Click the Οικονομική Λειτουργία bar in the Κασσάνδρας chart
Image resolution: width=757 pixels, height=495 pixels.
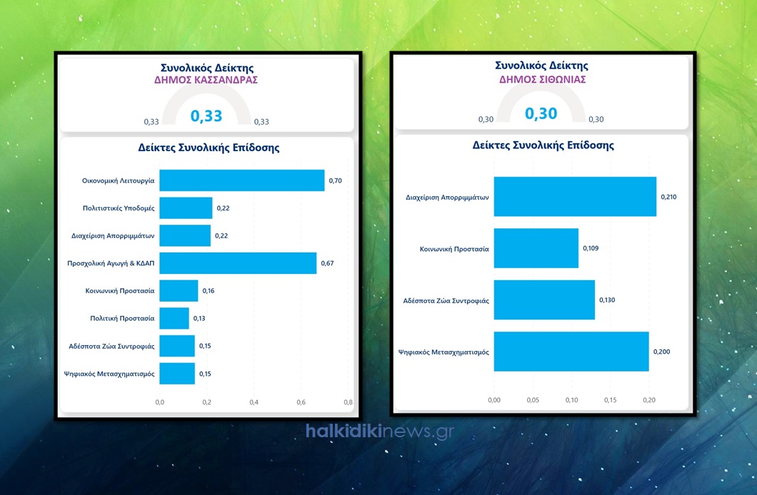pos(241,180)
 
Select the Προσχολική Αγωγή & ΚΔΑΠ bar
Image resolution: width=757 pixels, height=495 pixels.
pos(237,263)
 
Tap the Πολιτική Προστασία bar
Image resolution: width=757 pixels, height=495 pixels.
pos(174,318)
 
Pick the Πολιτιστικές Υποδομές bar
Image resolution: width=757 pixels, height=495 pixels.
pos(186,208)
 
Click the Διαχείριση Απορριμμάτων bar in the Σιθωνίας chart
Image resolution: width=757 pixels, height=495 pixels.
pos(575,196)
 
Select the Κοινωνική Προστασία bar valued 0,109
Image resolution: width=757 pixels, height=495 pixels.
pos(536,248)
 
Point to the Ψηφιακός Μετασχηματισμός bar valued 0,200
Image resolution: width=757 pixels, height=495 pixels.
pos(571,352)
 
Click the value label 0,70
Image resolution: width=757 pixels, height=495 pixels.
pos(336,181)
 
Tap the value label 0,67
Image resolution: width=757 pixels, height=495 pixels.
pos(327,264)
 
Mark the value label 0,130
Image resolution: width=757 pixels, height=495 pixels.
pos(607,300)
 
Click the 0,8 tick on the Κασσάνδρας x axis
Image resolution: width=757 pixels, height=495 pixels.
pos(348,402)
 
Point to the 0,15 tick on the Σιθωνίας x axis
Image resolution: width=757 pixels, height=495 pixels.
pos(611,399)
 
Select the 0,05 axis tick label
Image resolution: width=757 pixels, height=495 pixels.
pos(533,399)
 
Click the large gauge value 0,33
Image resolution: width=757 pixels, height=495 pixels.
pos(206,116)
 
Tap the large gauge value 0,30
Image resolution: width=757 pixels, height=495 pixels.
pos(541,113)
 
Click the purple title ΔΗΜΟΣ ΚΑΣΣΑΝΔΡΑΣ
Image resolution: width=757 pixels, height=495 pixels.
pos(206,80)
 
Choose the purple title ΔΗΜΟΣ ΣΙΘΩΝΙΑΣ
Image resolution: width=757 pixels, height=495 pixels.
pos(542,79)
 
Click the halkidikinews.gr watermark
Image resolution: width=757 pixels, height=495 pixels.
pos(379,431)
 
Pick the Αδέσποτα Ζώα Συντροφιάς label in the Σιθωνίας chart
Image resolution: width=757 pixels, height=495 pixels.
pos(446,300)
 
